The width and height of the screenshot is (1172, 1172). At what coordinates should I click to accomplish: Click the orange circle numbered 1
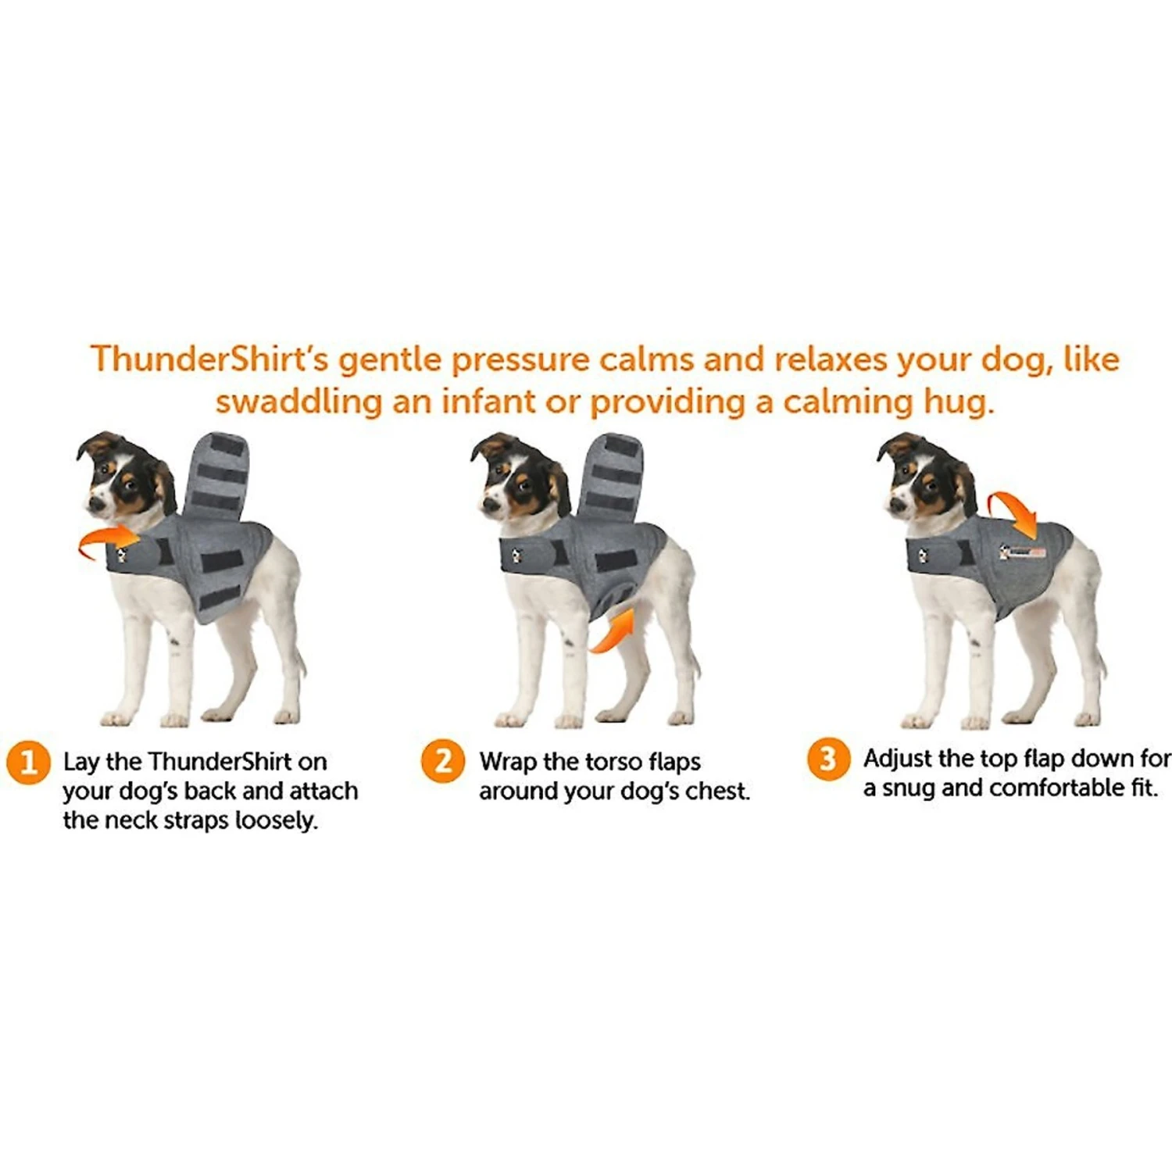click(x=29, y=762)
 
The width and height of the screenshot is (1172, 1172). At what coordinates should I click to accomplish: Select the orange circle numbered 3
click(x=828, y=759)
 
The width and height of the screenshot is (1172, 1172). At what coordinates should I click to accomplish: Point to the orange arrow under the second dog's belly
click(x=613, y=631)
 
